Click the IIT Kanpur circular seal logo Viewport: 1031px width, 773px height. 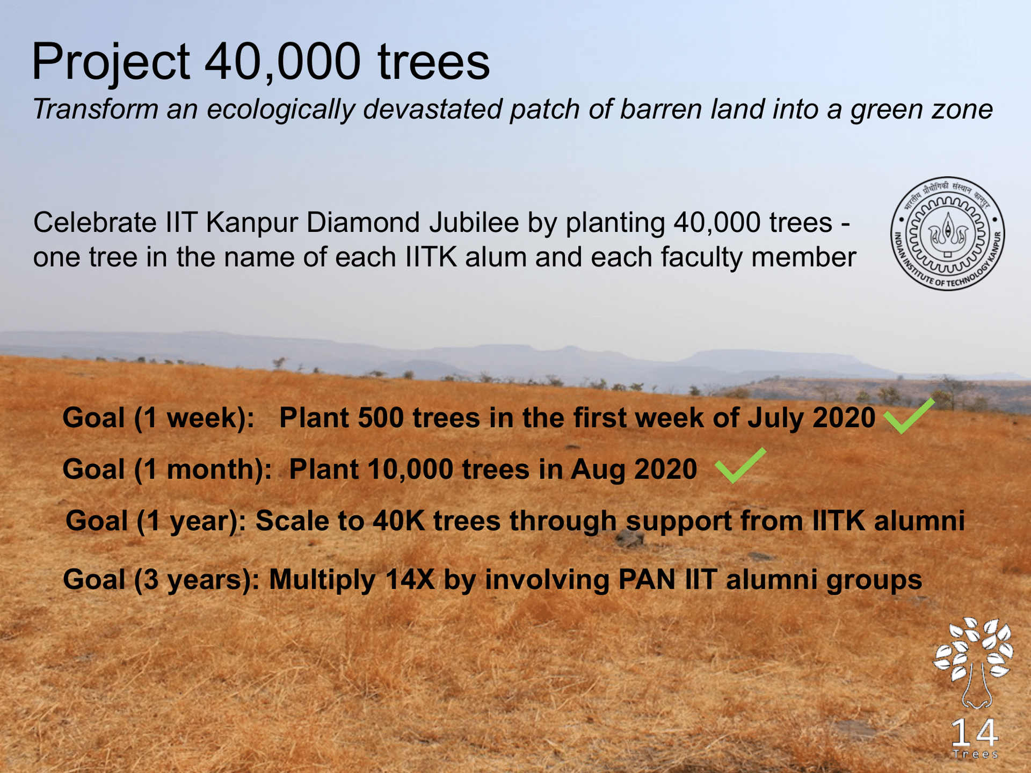[948, 234]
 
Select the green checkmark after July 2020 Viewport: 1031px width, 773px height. [909, 416]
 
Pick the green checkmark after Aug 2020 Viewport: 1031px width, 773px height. [741, 465]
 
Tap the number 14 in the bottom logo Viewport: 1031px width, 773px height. [975, 732]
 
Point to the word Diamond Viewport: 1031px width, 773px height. [363, 222]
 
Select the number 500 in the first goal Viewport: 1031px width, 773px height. [381, 418]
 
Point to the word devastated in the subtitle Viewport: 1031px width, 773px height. [432, 109]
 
